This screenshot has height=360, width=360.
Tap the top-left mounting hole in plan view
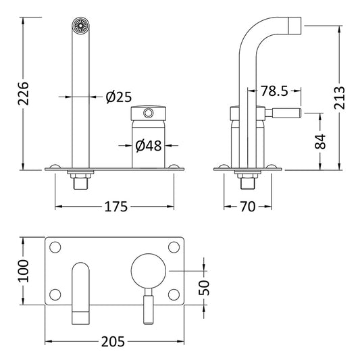56,247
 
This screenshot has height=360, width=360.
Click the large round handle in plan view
147,270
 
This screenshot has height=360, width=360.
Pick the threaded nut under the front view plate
80,181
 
